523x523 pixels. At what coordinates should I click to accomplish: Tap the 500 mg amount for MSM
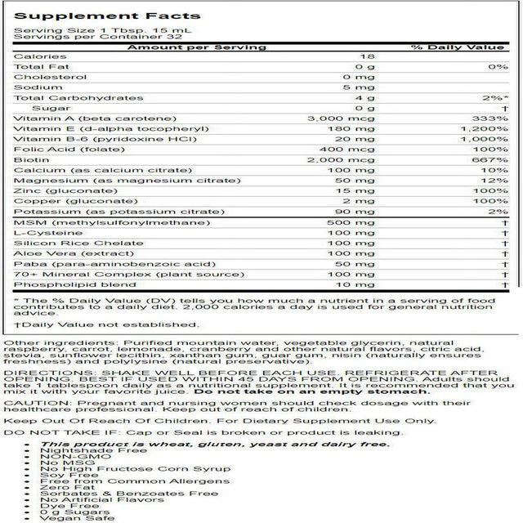tap(358, 223)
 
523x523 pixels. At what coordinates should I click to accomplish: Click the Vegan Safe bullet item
tap(76, 518)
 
